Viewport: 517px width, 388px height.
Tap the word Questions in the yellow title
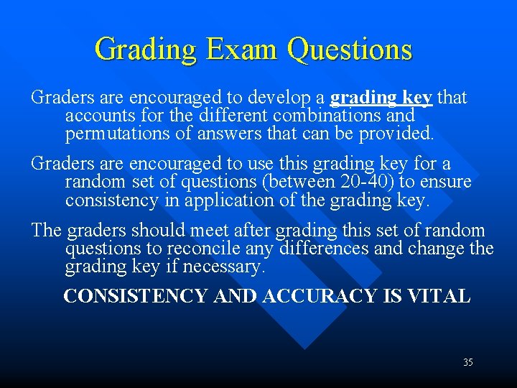pos(350,50)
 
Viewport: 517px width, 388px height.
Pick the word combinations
pos(317,115)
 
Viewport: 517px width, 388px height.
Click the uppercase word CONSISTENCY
pos(136,296)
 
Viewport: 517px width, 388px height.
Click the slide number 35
pos(467,362)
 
